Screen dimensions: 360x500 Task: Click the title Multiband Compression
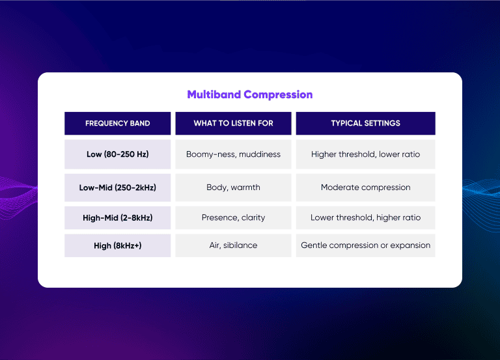(249, 94)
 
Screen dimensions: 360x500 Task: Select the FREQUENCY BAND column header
(117, 123)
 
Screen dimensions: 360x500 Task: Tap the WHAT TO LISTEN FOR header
(233, 123)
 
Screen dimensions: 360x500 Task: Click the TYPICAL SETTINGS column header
(365, 123)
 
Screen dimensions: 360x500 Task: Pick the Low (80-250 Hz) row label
(117, 154)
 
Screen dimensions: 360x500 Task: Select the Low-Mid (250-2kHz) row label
(117, 187)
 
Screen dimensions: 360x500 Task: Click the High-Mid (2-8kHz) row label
(117, 217)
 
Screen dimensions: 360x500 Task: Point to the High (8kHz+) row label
(117, 245)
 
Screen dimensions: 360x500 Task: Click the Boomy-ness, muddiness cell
(233, 154)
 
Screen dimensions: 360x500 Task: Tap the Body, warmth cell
(233, 187)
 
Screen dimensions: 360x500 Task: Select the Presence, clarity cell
(233, 217)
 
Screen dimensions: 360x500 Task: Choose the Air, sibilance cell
(233, 245)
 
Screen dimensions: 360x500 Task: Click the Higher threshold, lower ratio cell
(365, 154)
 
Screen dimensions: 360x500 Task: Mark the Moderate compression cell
(365, 187)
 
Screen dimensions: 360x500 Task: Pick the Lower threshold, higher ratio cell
(365, 217)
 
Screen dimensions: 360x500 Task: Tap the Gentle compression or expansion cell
(365, 245)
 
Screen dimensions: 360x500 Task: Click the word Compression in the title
(278, 94)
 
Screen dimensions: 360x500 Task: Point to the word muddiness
(259, 154)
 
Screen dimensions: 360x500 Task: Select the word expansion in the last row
(409, 245)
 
